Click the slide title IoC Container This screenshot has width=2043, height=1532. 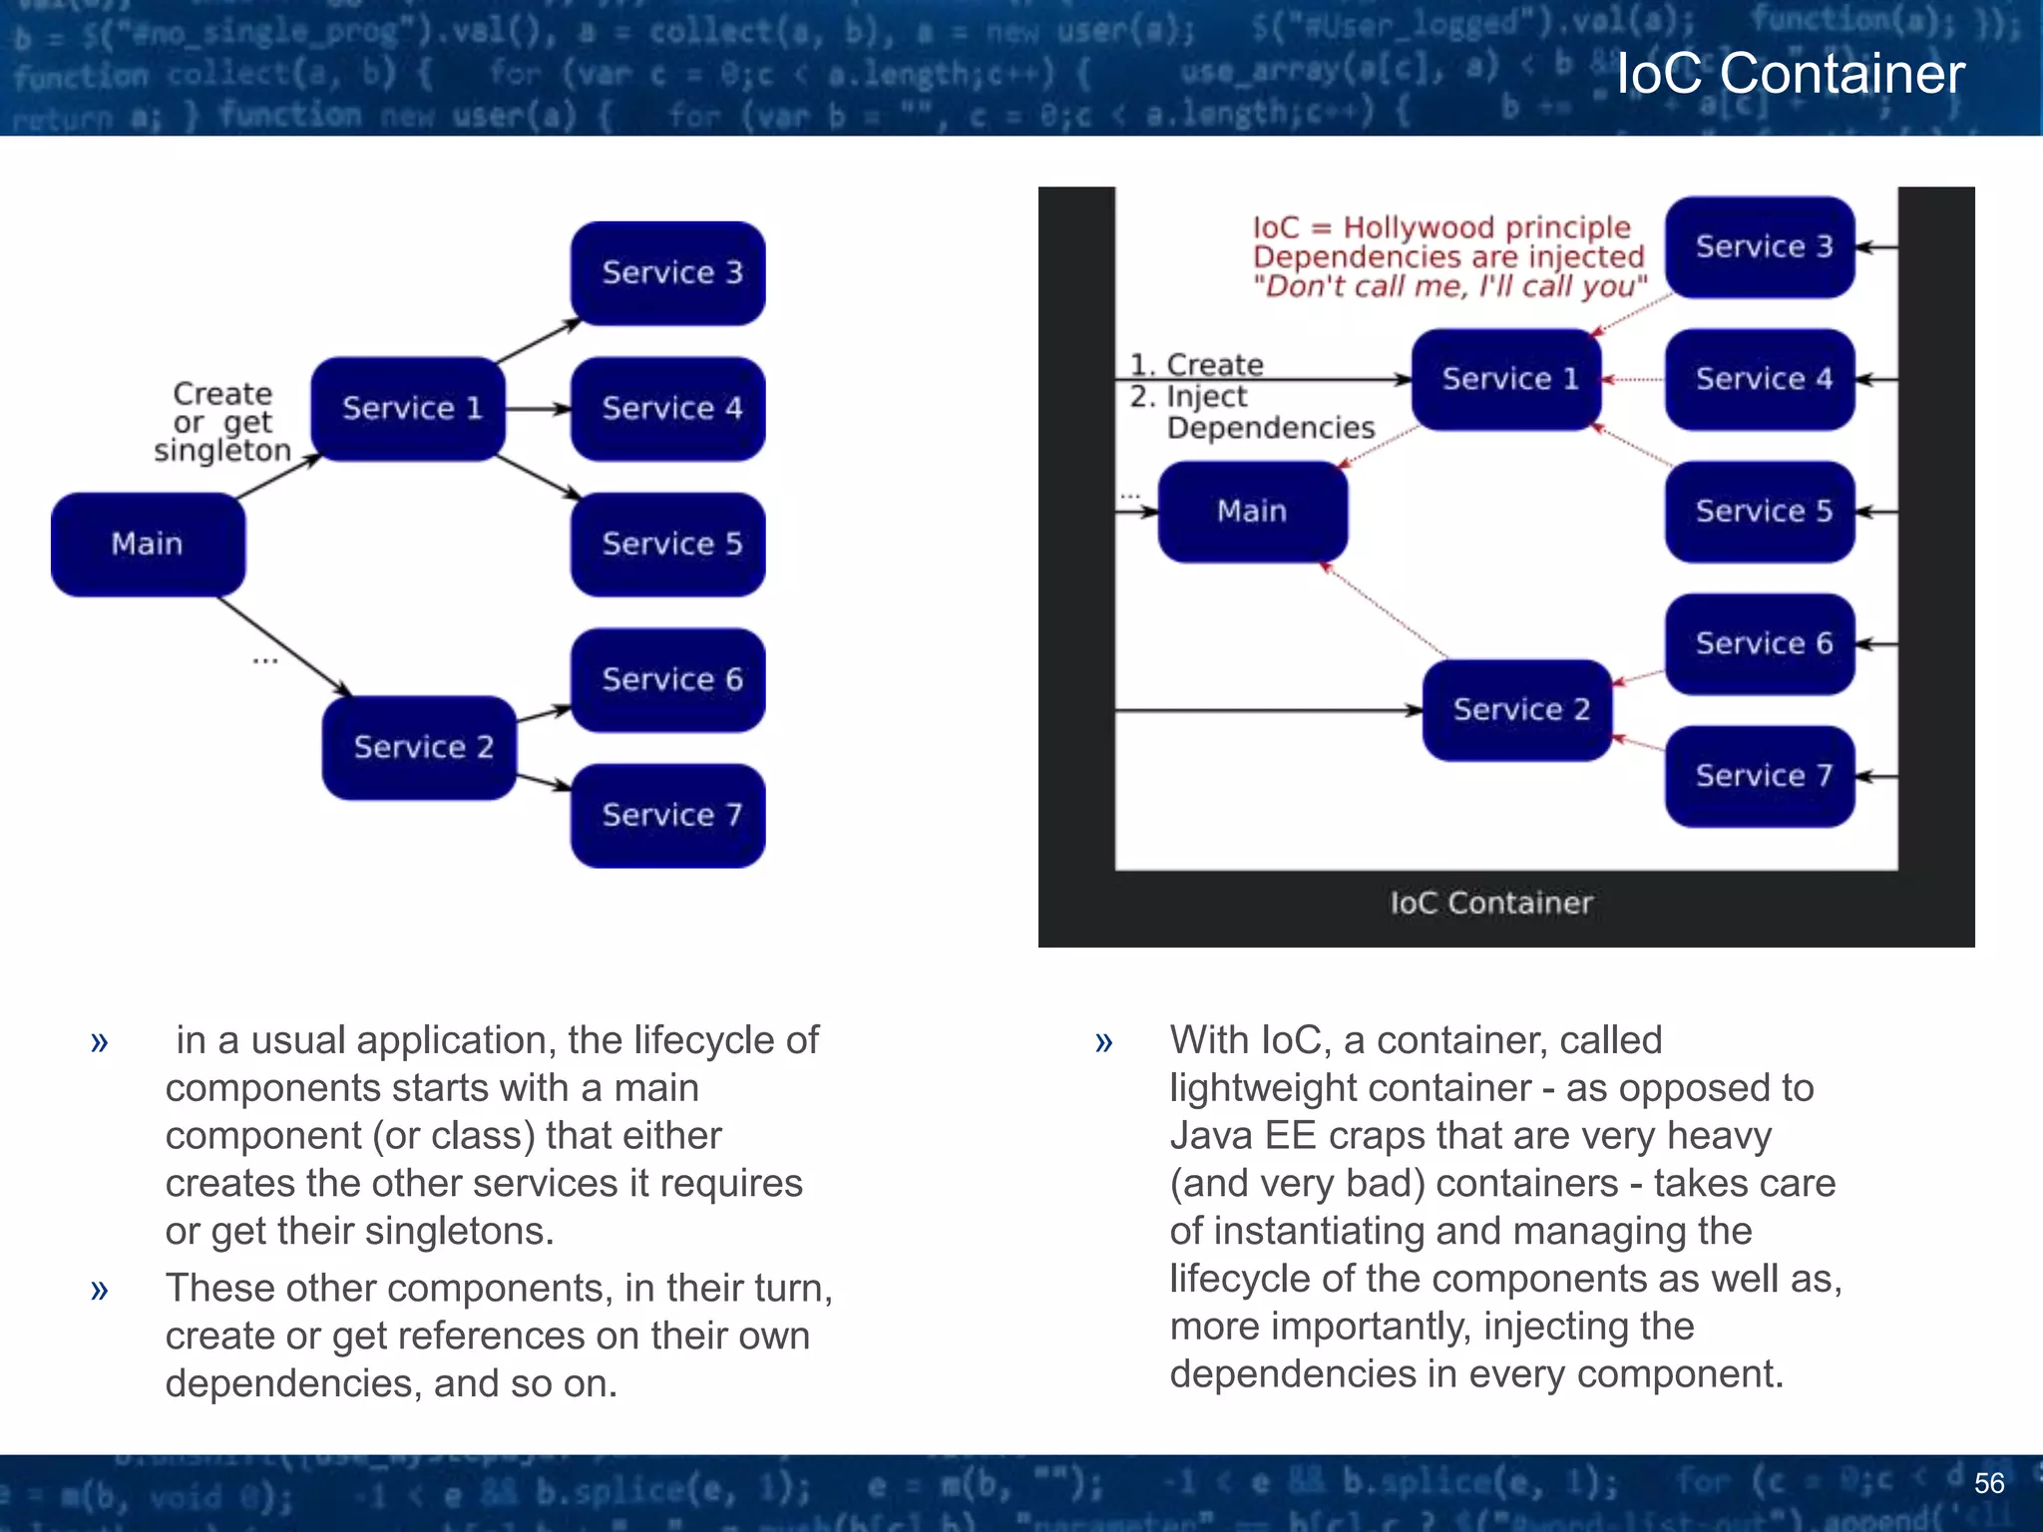[x=1790, y=74]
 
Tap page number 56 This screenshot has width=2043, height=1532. [x=1988, y=1483]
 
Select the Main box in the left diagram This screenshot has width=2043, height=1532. [x=148, y=545]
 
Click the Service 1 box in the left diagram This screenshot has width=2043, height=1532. [x=409, y=409]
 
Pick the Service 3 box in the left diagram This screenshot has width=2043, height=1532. [x=668, y=273]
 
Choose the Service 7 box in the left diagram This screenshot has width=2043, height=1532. [x=668, y=816]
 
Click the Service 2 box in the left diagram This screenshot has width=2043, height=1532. [x=420, y=748]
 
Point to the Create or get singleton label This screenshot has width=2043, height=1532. [x=221, y=422]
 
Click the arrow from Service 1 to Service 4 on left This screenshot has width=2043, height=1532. [x=537, y=409]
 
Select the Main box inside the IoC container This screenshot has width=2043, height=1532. [x=1252, y=512]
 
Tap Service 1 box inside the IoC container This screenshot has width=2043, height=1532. [x=1507, y=379]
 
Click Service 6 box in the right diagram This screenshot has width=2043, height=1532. [x=1761, y=643]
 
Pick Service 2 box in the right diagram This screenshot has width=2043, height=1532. [x=1517, y=710]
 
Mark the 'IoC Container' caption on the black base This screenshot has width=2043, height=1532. [x=1490, y=904]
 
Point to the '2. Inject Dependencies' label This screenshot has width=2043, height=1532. [x=1251, y=412]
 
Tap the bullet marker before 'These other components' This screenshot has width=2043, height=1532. [x=99, y=1290]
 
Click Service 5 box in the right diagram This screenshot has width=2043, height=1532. [x=1761, y=512]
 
